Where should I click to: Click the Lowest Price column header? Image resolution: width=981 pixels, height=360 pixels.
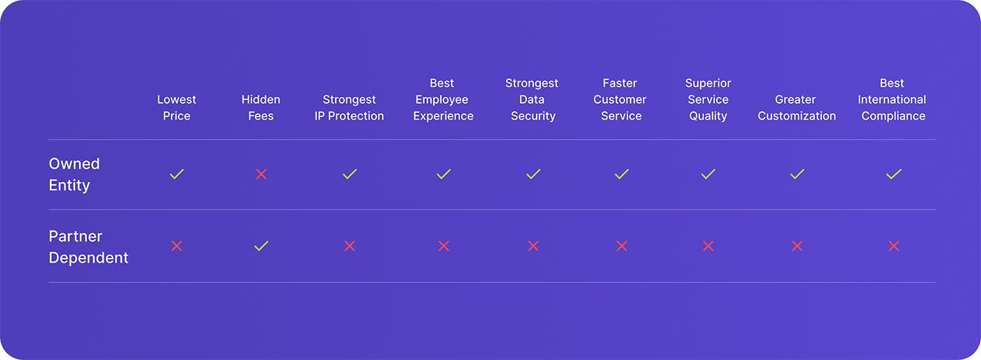(x=177, y=108)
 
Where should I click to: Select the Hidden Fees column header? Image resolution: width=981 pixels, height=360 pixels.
(x=261, y=108)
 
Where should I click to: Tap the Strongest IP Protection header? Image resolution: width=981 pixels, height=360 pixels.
(x=349, y=108)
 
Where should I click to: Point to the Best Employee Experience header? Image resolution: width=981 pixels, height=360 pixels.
(x=443, y=99)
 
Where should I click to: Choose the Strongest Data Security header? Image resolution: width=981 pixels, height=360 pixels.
(x=532, y=99)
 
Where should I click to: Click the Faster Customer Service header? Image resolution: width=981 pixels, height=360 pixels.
(x=619, y=99)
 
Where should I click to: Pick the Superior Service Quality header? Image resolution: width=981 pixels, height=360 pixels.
(x=708, y=99)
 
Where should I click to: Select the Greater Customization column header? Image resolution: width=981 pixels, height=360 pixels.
(x=797, y=108)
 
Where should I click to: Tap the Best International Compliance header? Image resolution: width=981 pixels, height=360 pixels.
(x=892, y=99)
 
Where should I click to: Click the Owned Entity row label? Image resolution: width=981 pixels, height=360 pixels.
(x=74, y=174)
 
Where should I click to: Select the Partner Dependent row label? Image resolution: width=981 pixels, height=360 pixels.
(x=88, y=247)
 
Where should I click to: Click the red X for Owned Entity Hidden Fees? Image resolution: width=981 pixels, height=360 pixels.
(x=261, y=174)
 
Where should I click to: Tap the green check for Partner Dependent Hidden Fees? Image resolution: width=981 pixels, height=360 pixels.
(x=261, y=246)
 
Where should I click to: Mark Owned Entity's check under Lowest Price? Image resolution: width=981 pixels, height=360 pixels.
(x=177, y=174)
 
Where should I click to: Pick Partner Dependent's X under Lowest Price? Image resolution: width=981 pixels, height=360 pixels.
(x=177, y=246)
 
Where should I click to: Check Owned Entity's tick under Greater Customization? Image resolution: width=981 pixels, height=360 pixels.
(x=797, y=174)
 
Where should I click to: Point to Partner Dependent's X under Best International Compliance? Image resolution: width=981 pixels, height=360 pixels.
(x=894, y=246)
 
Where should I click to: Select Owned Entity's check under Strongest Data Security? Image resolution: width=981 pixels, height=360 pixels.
(x=533, y=174)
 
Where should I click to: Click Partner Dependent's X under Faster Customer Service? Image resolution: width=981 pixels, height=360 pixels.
(x=622, y=246)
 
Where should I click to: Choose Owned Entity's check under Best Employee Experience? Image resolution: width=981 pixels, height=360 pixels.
(x=444, y=174)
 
